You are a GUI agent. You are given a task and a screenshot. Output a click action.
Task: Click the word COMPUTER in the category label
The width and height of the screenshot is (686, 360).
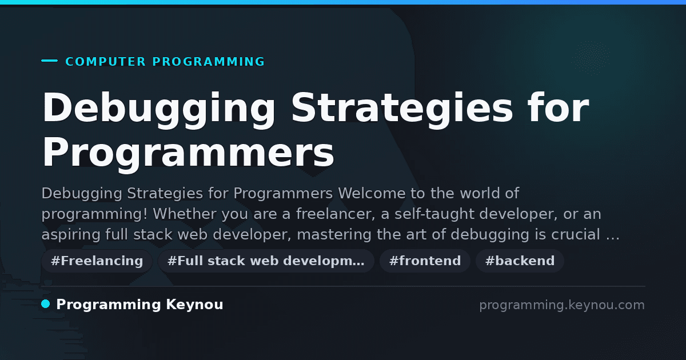pos(105,62)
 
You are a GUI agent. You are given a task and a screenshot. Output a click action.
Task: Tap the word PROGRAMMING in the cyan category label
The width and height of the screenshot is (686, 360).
pos(208,62)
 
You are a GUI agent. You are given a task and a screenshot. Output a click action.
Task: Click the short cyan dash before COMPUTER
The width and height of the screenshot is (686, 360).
pos(49,61)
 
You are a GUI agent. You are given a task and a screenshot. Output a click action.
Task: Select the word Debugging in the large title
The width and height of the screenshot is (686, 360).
pos(159,110)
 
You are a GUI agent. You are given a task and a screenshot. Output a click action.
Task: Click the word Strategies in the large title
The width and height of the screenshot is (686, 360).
pos(402,110)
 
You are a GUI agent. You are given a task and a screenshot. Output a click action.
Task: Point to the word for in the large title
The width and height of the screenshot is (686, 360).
pos(559,107)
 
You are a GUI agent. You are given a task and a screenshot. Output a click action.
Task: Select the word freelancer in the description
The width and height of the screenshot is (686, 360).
pos(336,214)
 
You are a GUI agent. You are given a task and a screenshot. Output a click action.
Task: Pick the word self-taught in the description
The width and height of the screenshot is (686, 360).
pos(434,214)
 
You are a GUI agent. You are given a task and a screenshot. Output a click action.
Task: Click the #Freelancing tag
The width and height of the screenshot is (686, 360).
pos(97,261)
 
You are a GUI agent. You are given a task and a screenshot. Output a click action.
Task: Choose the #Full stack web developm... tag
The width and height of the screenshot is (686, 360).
pos(266,261)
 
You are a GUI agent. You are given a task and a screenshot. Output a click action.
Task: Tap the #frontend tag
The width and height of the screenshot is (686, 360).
pos(425,261)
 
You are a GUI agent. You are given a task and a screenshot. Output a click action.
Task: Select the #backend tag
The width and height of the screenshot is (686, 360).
pos(520,261)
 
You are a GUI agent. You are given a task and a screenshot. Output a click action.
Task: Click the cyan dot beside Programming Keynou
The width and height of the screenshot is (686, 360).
pos(46,304)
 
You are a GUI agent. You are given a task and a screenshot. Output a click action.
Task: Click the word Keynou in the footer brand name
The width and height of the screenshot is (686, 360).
pos(194,305)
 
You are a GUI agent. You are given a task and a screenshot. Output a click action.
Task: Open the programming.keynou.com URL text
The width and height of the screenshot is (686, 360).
pos(562,305)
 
